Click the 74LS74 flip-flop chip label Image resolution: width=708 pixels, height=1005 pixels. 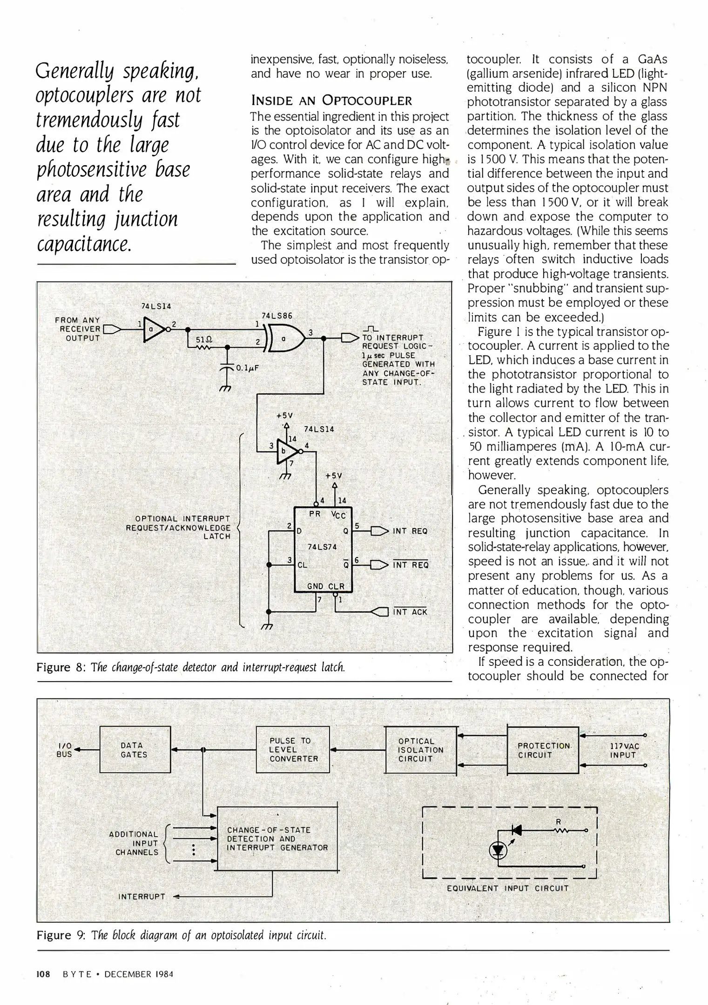point(322,547)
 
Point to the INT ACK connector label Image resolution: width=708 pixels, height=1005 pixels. point(410,612)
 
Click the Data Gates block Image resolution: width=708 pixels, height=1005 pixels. point(135,750)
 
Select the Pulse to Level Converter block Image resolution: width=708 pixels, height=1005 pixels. point(293,750)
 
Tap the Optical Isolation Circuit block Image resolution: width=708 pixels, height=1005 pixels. point(421,750)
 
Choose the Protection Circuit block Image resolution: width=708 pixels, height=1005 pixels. point(543,750)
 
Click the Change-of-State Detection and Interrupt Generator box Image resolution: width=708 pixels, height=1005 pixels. point(277,838)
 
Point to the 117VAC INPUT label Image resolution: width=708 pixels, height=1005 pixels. point(624,750)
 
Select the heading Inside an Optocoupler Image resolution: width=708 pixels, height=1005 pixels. point(331,100)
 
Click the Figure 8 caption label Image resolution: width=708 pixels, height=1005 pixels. point(60,668)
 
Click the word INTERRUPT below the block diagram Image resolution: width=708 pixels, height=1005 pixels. point(142,897)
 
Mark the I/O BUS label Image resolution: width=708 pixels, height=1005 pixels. point(64,750)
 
